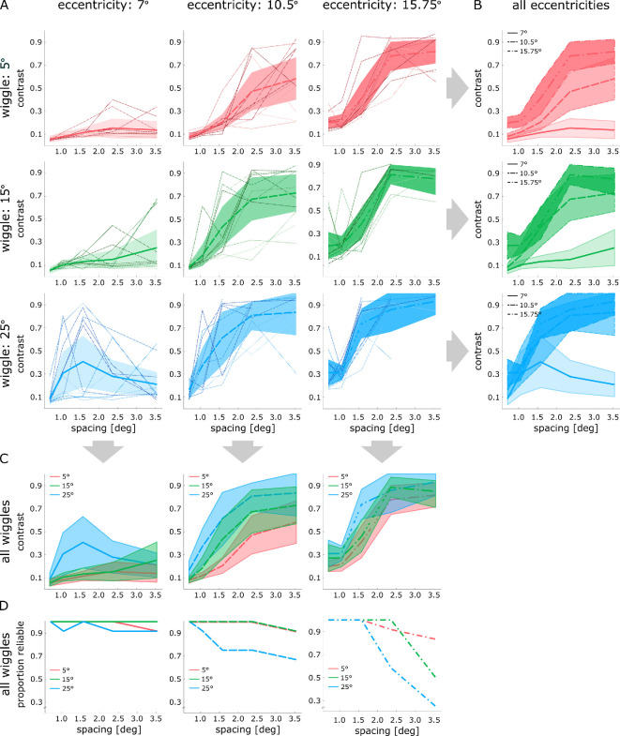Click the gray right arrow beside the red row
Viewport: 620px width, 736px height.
(x=457, y=90)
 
